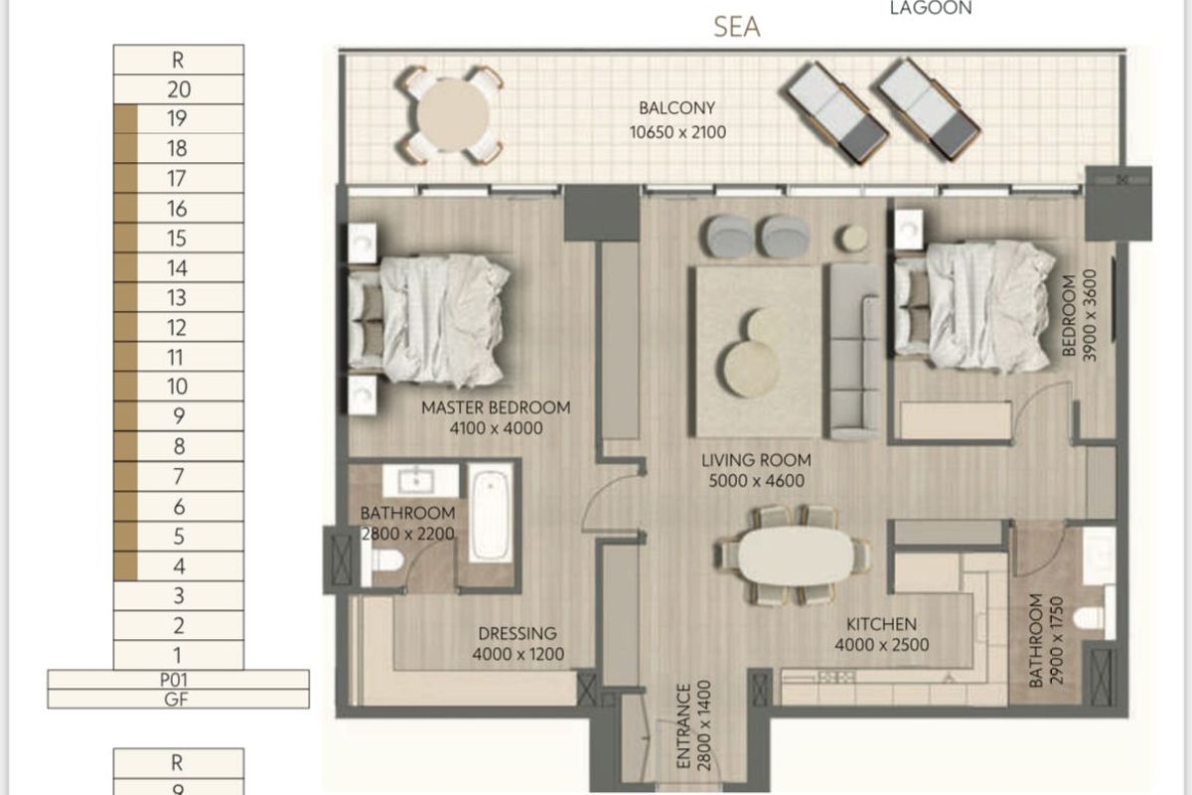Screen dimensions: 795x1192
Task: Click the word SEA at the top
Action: (x=737, y=27)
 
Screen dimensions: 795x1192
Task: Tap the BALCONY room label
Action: (x=677, y=108)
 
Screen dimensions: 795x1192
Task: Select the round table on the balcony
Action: (x=453, y=115)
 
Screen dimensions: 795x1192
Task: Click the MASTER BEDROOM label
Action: (x=496, y=407)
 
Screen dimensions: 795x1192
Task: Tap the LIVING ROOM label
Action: (x=756, y=461)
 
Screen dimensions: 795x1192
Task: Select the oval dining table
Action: (x=795, y=555)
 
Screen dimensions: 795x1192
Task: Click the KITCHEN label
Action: (x=881, y=625)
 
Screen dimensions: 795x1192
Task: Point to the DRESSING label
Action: (x=517, y=634)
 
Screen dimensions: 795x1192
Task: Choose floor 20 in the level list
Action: (x=179, y=89)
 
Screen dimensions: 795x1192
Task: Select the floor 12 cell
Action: (x=179, y=328)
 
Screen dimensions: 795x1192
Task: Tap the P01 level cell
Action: (x=179, y=680)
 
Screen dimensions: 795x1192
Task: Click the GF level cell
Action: (x=179, y=699)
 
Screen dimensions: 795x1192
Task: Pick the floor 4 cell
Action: (x=179, y=566)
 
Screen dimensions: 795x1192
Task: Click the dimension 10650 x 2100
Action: (x=677, y=130)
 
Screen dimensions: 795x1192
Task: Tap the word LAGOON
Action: (x=931, y=8)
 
